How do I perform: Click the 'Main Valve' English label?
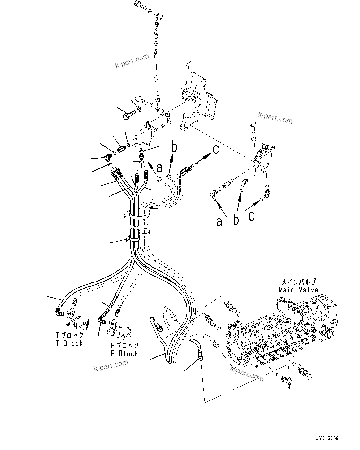pyautogui.click(x=298, y=290)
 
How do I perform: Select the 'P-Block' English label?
pyautogui.click(x=124, y=353)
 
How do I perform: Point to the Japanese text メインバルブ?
pyautogui.click(x=298, y=282)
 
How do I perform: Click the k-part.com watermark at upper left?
pyautogui.click(x=132, y=61)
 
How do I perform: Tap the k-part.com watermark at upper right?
pyautogui.click(x=275, y=118)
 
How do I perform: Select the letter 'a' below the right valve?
pyautogui.click(x=219, y=222)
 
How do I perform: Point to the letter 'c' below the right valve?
pyautogui.click(x=252, y=216)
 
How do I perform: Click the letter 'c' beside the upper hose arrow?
pyautogui.click(x=215, y=149)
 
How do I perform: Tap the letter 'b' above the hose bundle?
pyautogui.click(x=175, y=147)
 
